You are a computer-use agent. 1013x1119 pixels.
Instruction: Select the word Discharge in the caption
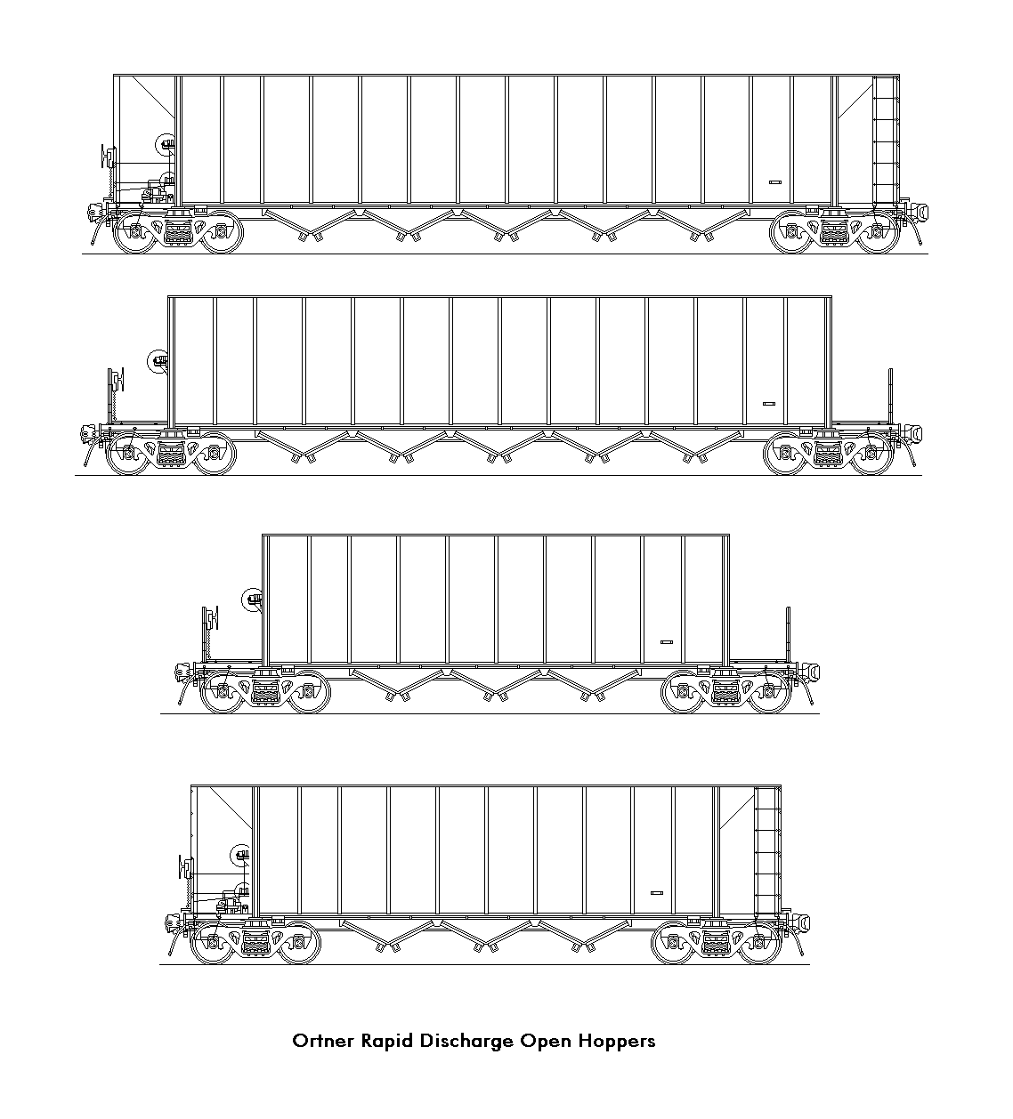pos(466,1042)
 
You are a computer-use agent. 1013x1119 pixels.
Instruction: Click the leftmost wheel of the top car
pos(135,231)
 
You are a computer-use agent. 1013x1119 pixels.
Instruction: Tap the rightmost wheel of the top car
pos(878,231)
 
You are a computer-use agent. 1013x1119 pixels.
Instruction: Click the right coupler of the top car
pos(917,212)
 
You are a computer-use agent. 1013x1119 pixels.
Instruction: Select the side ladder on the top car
pos(886,140)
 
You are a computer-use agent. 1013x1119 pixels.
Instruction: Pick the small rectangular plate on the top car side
pos(775,181)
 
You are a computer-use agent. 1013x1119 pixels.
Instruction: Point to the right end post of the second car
pos(891,396)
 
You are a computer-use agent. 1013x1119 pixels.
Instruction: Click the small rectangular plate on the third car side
pos(667,642)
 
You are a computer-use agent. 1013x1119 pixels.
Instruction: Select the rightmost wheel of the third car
pos(769,692)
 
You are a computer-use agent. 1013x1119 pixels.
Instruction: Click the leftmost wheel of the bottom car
pos(213,943)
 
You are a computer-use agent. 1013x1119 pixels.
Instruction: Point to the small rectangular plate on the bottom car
pos(657,893)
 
